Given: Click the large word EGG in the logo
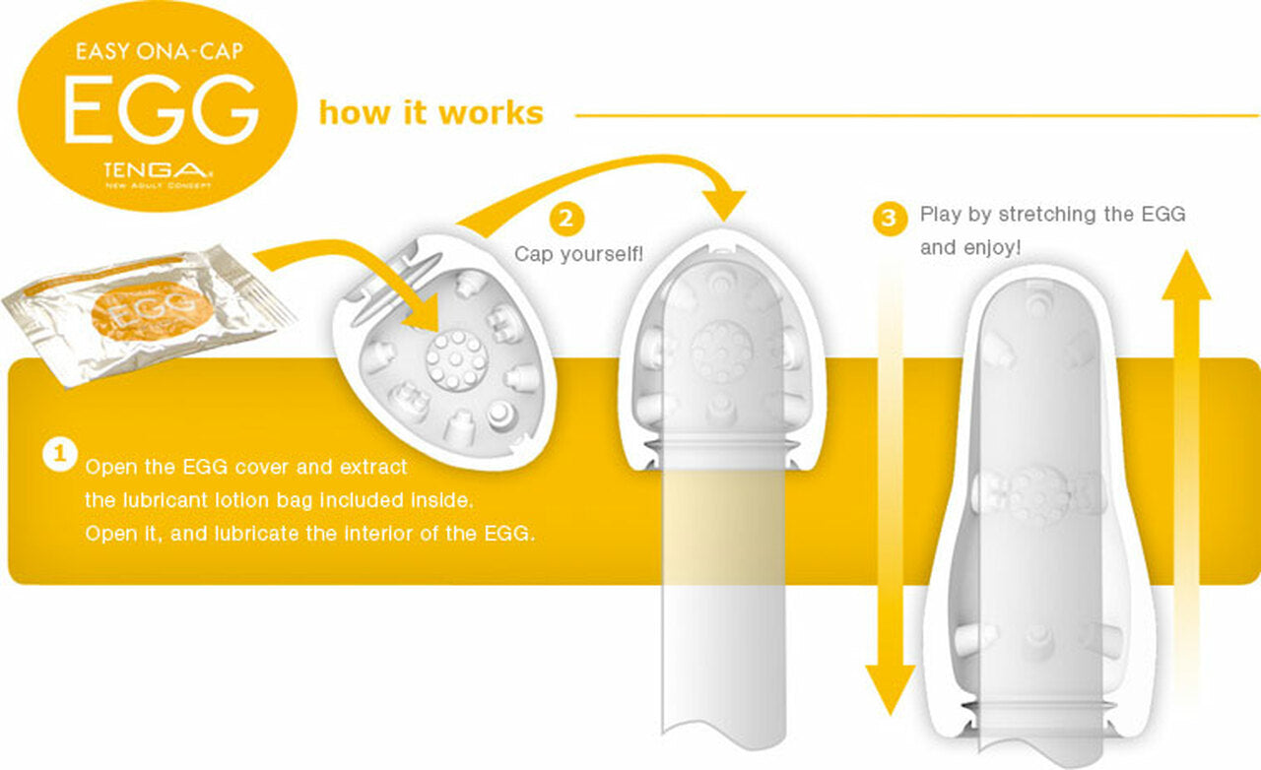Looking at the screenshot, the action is [x=161, y=108].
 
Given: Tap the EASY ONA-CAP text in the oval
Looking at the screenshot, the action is [x=160, y=52].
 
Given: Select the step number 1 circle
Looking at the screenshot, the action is [x=60, y=453].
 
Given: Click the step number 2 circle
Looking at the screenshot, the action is [x=566, y=218].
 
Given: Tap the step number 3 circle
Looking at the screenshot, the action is [x=890, y=218].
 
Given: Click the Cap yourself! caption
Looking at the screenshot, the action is [x=578, y=254].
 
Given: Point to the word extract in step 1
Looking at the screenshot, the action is [x=373, y=467].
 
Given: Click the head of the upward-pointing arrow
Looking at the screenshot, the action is [x=1186, y=276].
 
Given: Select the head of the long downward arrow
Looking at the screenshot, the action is [x=890, y=689].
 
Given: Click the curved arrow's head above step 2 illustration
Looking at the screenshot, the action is [x=724, y=205].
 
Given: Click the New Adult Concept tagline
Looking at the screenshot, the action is [x=159, y=185].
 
